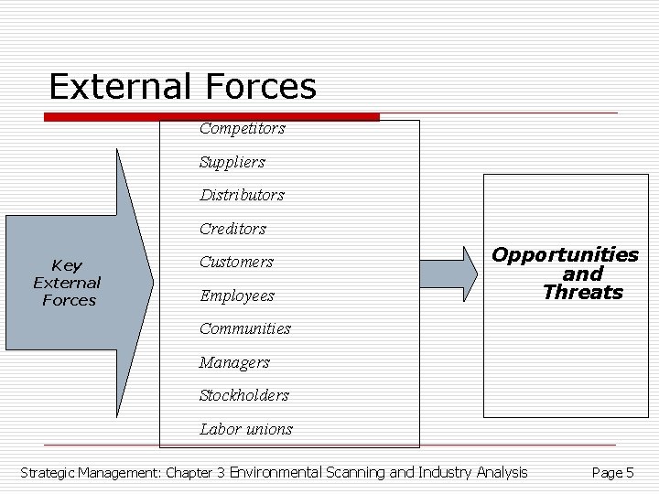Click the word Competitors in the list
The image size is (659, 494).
[242, 129]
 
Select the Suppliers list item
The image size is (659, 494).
[232, 162]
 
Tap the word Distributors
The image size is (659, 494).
[242, 195]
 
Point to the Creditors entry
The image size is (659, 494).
[232, 229]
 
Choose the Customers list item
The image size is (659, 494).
[236, 262]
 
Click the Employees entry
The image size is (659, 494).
[236, 295]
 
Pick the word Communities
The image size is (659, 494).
[244, 328]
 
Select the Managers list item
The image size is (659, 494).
[234, 362]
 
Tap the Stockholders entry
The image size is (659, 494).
[243, 395]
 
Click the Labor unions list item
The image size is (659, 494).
[245, 429]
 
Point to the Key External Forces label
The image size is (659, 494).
[68, 283]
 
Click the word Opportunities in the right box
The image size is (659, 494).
[565, 254]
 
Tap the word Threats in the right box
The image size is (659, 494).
[582, 293]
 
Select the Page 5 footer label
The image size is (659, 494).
[612, 473]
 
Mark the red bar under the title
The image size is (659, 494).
[211, 117]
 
